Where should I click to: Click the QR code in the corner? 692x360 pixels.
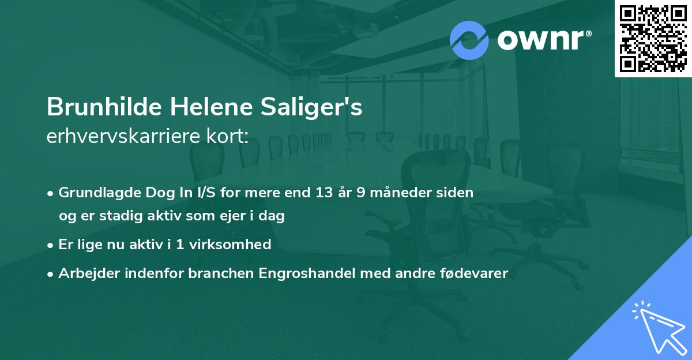pyautogui.click(x=653, y=38)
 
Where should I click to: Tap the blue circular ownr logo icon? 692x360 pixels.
pyautogui.click(x=469, y=40)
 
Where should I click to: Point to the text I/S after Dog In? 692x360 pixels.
pyautogui.click(x=204, y=193)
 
